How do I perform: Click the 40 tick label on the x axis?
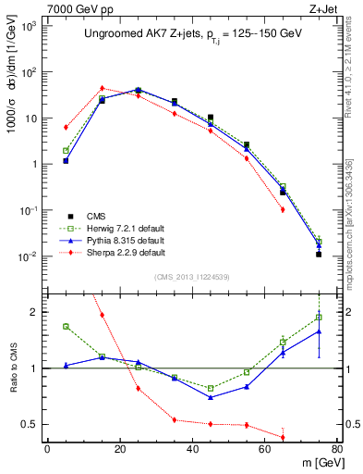pyautogui.click(x=191, y=450)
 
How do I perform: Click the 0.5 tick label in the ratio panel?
pyautogui.click(x=30, y=425)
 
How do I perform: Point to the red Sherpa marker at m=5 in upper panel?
pyautogui.click(x=66, y=127)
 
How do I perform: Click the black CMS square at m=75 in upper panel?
pyautogui.click(x=319, y=254)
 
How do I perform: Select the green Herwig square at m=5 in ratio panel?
pyautogui.click(x=66, y=326)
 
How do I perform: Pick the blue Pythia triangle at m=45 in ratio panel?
pyautogui.click(x=211, y=397)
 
